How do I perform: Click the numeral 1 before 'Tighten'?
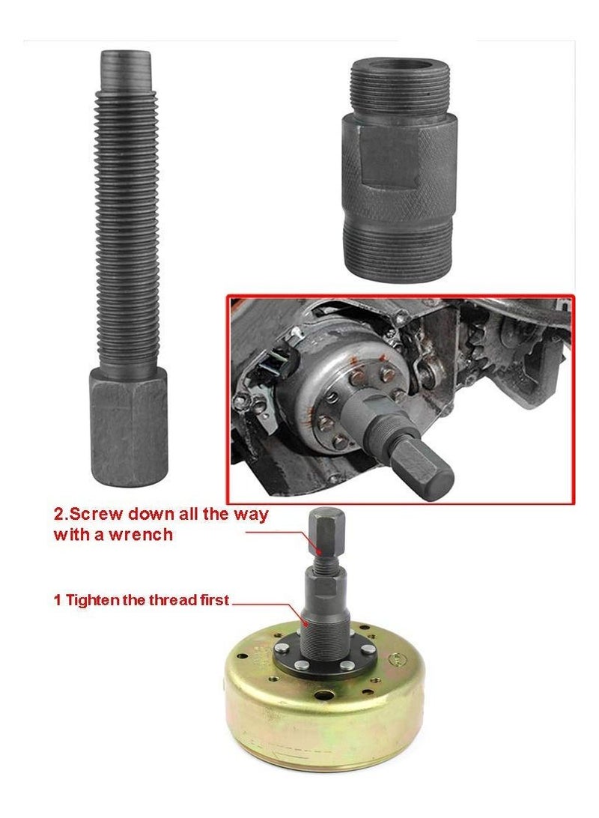click(57, 600)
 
